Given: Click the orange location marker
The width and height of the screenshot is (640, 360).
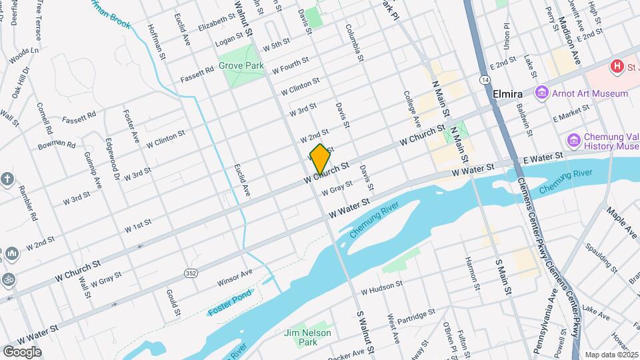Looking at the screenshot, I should [x=320, y=159].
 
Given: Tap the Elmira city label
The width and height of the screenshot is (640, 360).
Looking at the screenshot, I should [x=507, y=94].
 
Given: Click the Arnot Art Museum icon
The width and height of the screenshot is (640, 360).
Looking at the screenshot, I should [x=541, y=93].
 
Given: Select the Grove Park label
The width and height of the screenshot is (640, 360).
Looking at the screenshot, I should [x=241, y=66].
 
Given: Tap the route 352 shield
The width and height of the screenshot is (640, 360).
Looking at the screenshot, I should [x=191, y=273].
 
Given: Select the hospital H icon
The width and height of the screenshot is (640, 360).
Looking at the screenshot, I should [x=617, y=66].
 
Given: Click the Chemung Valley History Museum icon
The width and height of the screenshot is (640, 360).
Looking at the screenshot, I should [x=573, y=141].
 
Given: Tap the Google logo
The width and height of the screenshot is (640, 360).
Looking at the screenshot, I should [x=22, y=352].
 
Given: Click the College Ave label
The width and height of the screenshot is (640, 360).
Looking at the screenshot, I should [x=413, y=109].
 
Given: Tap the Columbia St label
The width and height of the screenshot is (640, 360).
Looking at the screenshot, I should [x=355, y=43].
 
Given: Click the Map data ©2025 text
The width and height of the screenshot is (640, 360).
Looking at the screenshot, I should [x=611, y=355].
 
